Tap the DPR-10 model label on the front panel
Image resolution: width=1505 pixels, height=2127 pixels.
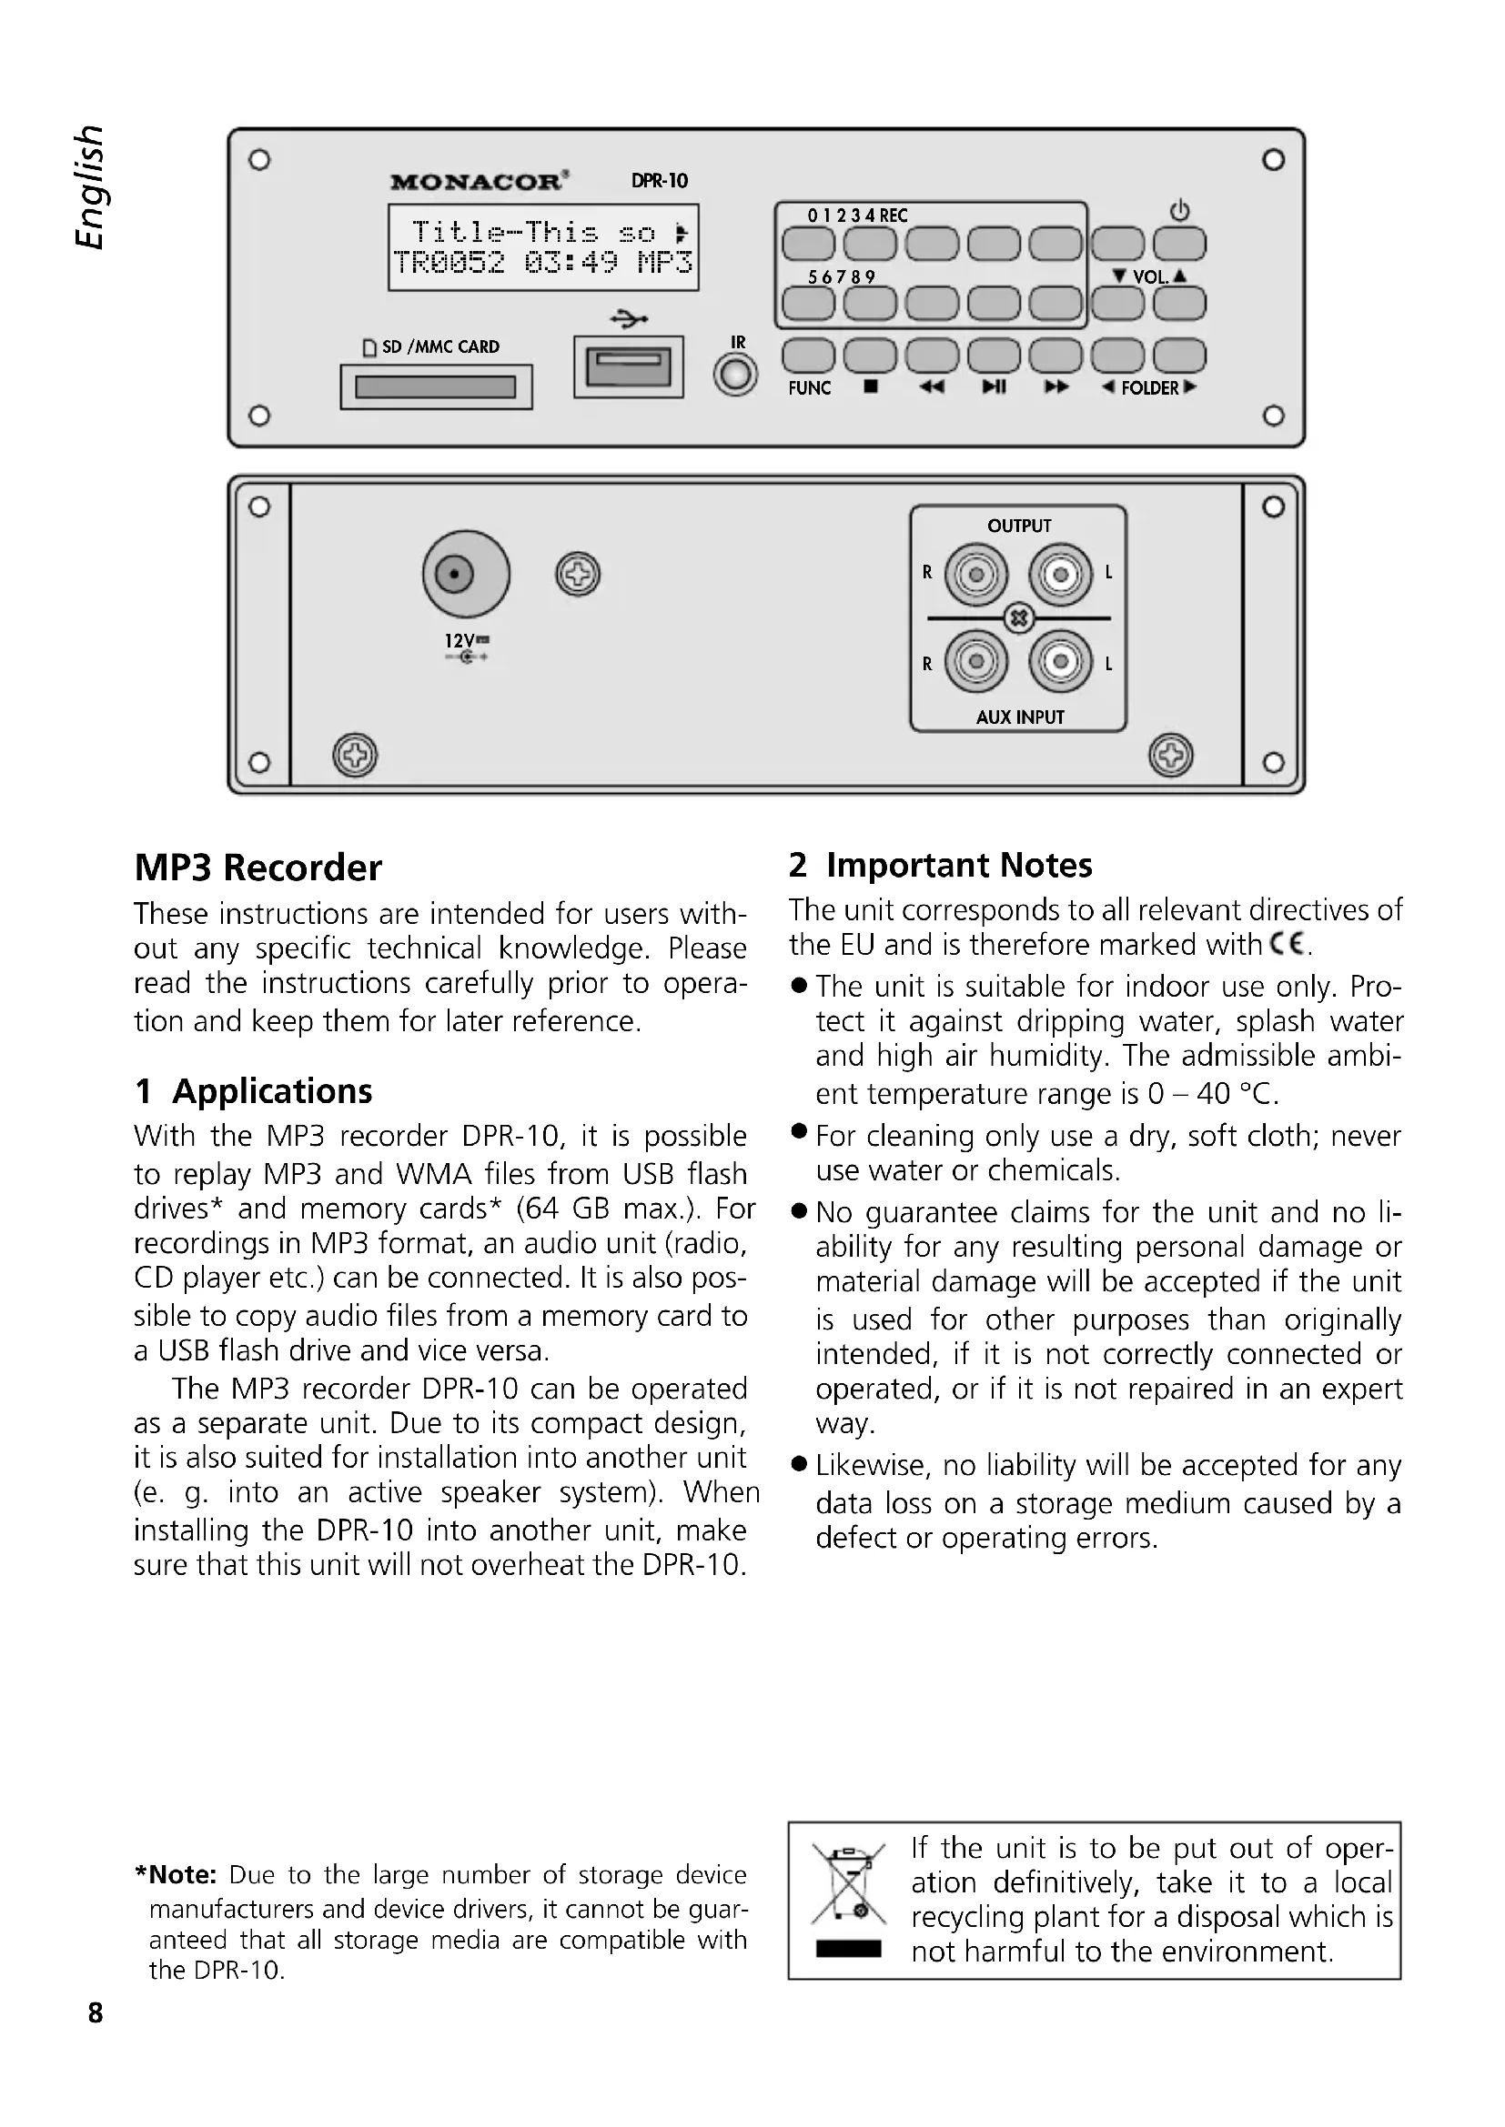[x=659, y=181]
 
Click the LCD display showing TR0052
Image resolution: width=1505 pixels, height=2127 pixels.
[x=543, y=247]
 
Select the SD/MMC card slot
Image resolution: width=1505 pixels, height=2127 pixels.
[x=436, y=386]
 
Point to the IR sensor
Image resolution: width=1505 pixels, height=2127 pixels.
[x=736, y=376]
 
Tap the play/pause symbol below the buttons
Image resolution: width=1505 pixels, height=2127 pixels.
[x=994, y=386]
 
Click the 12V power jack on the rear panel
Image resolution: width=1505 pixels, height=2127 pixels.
[x=465, y=575]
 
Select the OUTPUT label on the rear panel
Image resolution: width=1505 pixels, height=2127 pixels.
[x=1018, y=527]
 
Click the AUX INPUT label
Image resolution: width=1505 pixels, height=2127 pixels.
[x=1019, y=717]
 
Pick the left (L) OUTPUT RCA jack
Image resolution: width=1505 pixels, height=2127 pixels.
[x=1061, y=575]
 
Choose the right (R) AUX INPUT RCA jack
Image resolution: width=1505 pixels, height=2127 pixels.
[x=975, y=661]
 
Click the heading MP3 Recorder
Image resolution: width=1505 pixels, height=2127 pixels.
[x=258, y=868]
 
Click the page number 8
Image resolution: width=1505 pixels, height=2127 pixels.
[x=96, y=2013]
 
